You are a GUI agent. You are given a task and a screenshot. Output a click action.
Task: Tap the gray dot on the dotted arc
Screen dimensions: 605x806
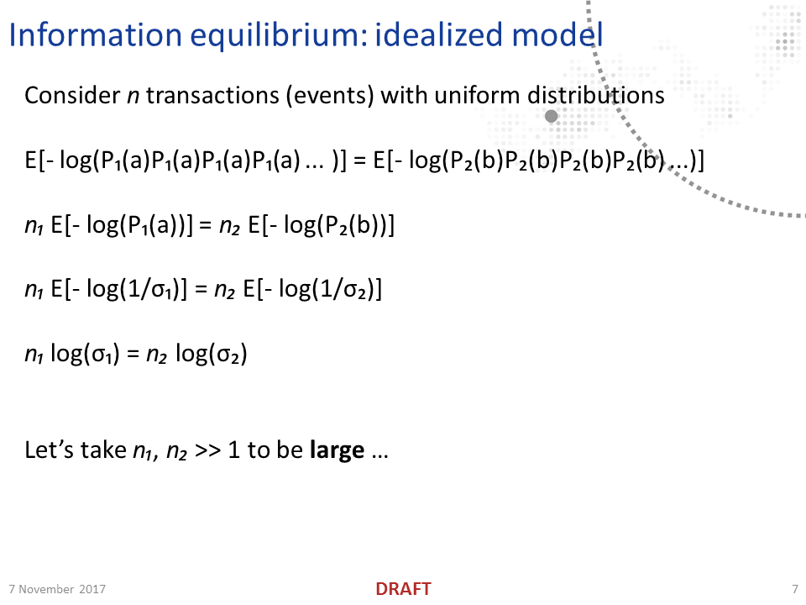(x=552, y=117)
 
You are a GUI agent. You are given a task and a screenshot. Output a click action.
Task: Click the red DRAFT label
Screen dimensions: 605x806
(x=403, y=589)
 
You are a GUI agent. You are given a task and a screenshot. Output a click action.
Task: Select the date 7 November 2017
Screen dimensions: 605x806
(x=57, y=589)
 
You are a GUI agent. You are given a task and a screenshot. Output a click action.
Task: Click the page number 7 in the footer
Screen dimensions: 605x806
(x=794, y=589)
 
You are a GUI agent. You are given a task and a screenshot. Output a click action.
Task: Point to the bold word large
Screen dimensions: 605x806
(x=338, y=450)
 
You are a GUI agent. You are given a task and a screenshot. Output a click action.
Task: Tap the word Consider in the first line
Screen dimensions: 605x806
(x=72, y=96)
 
